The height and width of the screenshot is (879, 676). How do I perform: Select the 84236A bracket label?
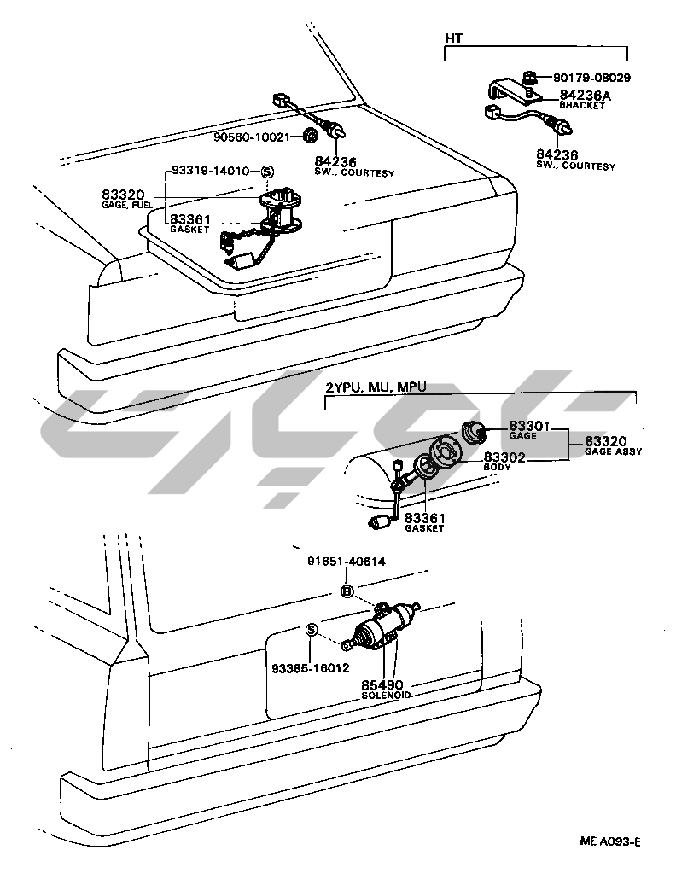point(586,96)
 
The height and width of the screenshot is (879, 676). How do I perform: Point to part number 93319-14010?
point(211,171)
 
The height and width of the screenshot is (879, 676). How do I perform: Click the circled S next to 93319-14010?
point(265,172)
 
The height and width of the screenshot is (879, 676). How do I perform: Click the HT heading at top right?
point(453,38)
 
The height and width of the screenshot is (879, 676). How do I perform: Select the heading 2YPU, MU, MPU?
point(376,388)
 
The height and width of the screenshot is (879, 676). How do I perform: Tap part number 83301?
point(529,426)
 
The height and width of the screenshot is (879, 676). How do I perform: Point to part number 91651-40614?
point(347,562)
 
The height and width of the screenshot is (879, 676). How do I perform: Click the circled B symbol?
point(347,591)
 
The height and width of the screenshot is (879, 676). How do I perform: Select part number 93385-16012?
point(311,668)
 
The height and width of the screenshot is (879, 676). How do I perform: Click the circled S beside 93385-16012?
point(312,631)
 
